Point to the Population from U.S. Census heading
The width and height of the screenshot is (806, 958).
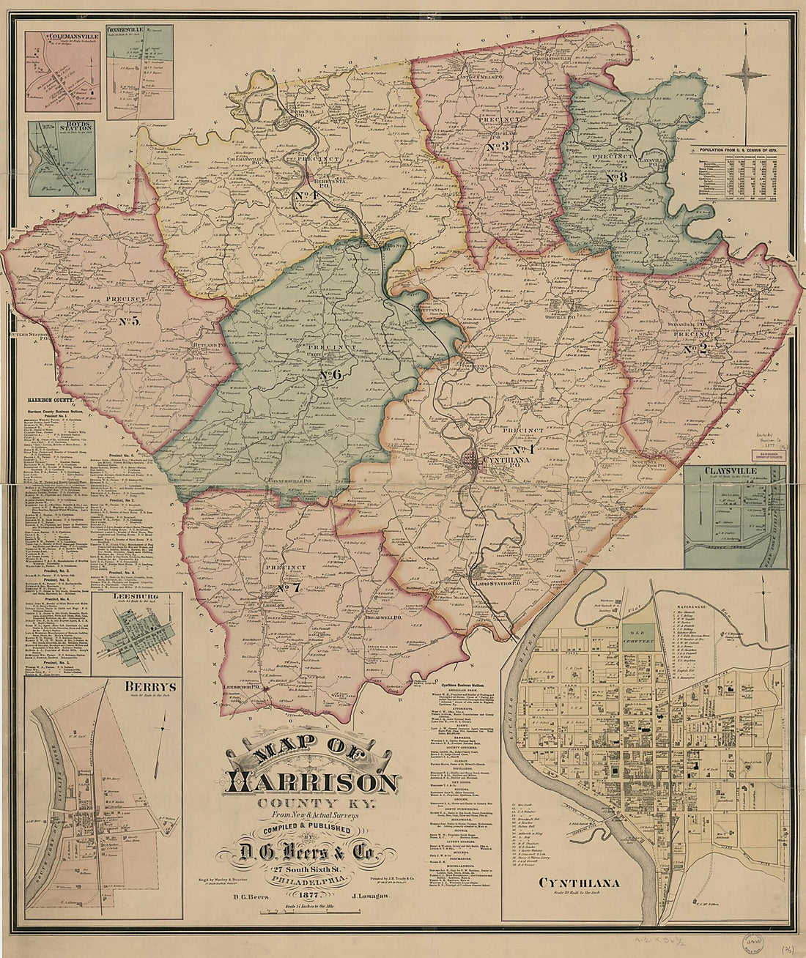[742, 149]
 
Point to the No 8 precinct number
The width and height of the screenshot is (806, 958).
[618, 177]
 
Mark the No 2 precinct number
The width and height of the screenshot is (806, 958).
[695, 349]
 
